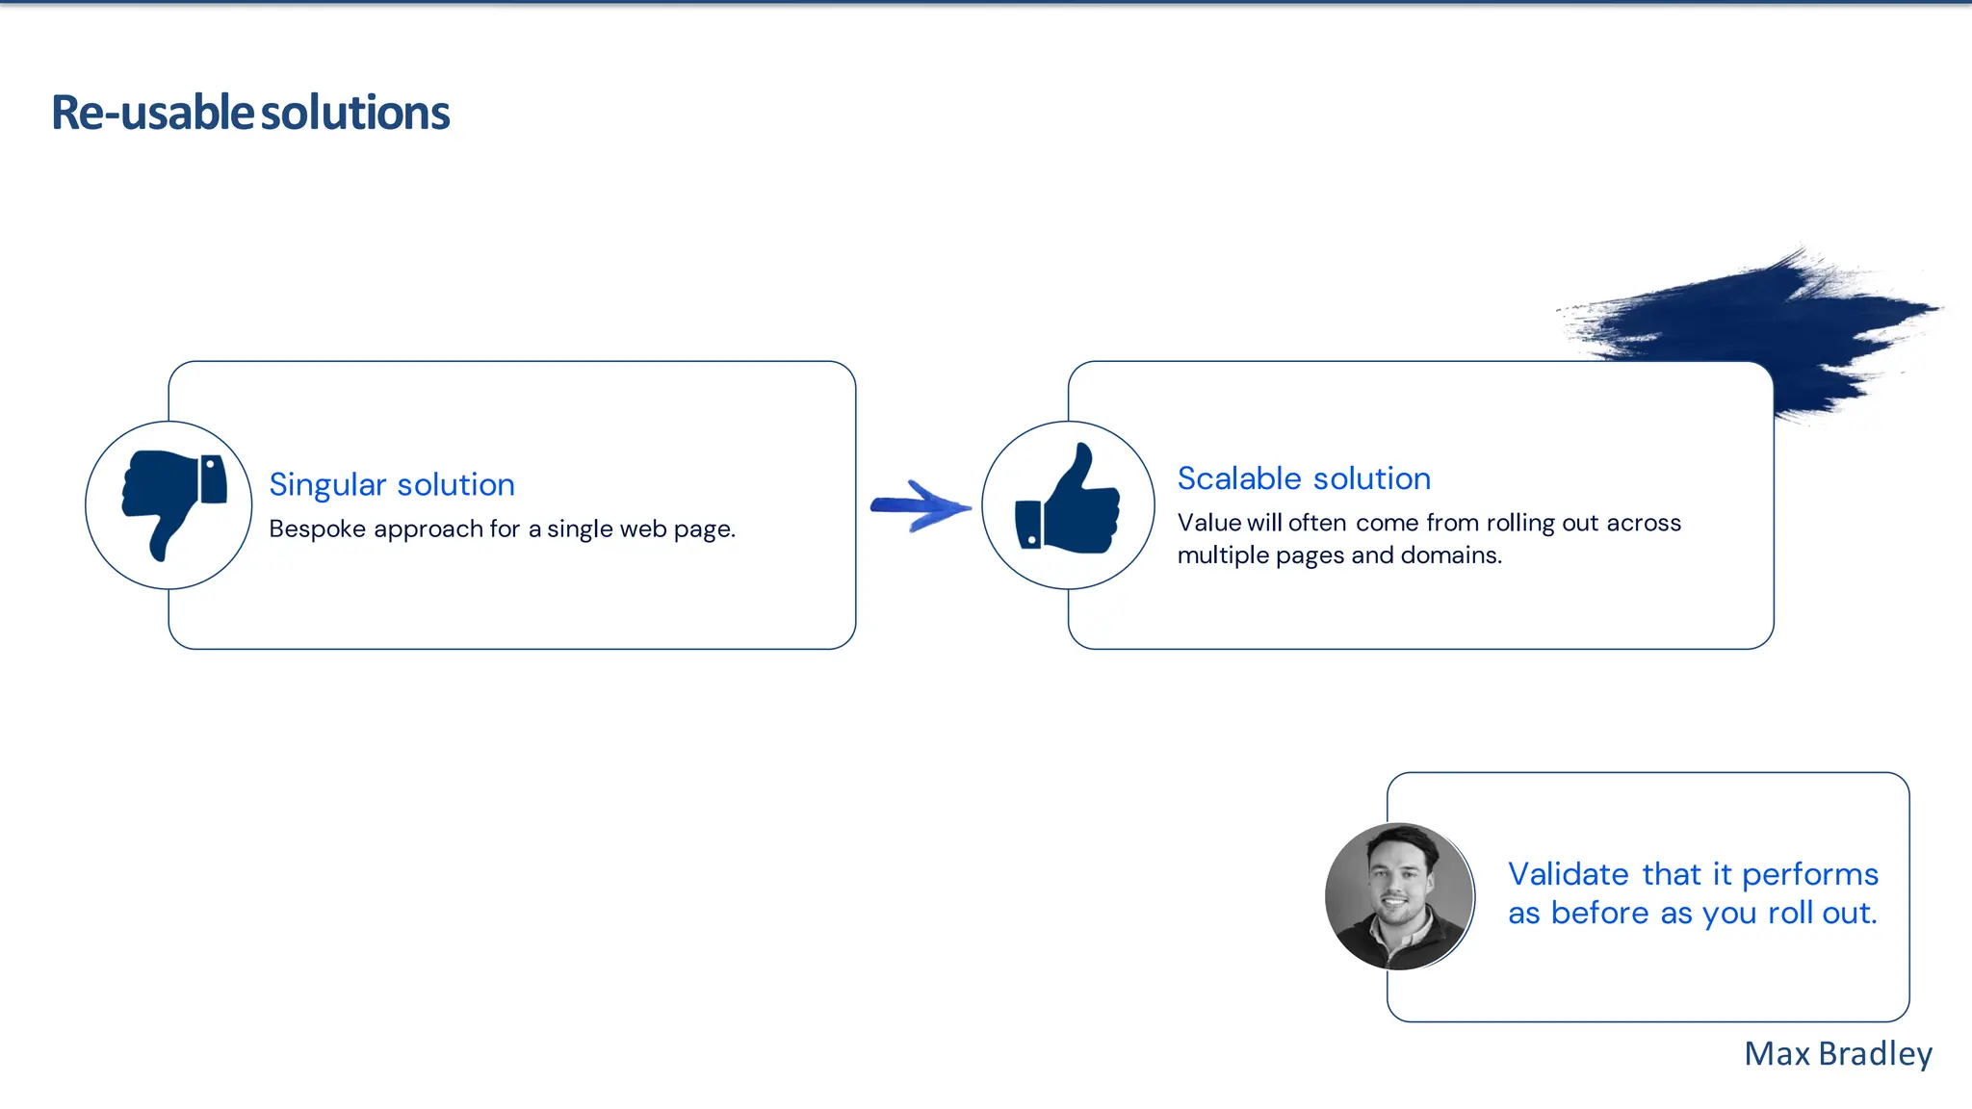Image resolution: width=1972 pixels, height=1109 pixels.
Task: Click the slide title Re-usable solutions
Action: click(250, 113)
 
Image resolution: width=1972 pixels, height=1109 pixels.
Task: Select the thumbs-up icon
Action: click(1069, 503)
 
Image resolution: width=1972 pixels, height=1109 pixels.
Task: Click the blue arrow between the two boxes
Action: click(920, 505)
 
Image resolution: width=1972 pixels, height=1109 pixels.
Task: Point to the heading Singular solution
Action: click(392, 484)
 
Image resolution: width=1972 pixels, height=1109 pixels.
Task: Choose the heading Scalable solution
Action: click(1304, 478)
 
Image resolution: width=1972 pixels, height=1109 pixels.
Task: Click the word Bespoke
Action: click(317, 529)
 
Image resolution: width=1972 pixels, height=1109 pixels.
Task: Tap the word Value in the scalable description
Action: click(1208, 523)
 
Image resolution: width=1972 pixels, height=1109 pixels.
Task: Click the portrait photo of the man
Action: click(1399, 896)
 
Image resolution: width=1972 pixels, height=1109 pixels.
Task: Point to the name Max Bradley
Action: click(1837, 1054)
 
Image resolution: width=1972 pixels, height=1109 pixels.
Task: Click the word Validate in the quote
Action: click(1568, 874)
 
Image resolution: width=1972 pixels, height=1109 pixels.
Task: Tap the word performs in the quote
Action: click(1810, 874)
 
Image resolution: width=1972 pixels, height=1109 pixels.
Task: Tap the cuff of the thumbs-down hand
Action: click(214, 478)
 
